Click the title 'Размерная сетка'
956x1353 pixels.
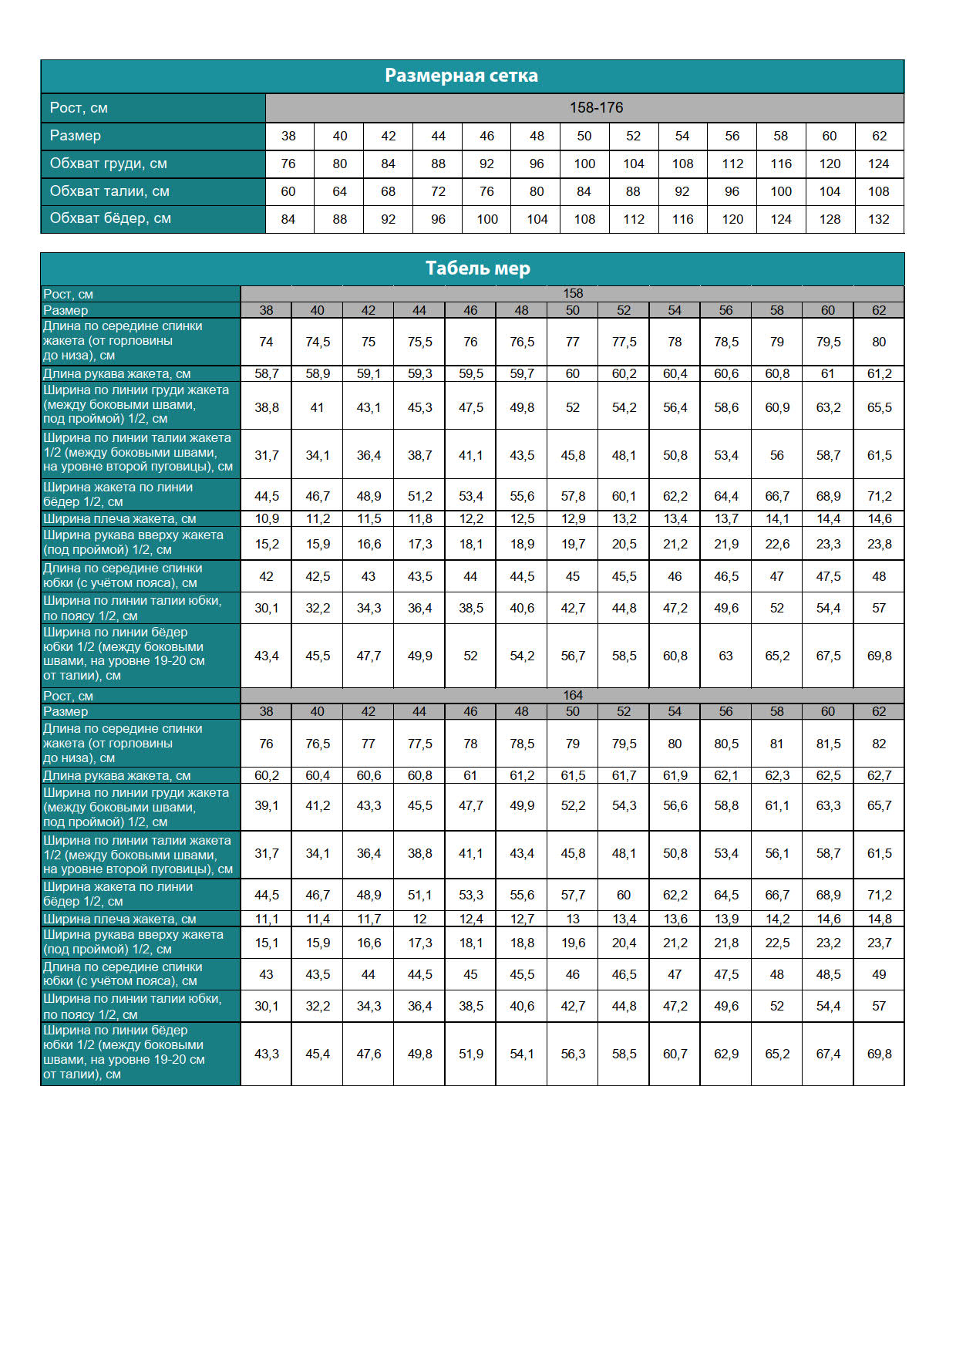[x=461, y=76]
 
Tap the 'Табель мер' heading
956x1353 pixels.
[x=477, y=268]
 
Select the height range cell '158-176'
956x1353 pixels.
[x=596, y=108]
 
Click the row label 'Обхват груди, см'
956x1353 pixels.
[x=109, y=164]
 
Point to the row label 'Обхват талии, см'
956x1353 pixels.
[x=109, y=191]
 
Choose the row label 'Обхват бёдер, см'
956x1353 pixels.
[x=110, y=218]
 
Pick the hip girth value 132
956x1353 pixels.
[x=879, y=219]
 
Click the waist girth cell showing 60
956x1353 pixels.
[x=288, y=191]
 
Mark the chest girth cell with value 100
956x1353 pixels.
[x=584, y=164]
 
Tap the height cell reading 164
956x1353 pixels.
[x=573, y=695]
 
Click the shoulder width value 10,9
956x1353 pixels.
[x=267, y=518]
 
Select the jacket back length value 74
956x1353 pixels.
[x=266, y=342]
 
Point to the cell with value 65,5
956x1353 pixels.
[x=879, y=407]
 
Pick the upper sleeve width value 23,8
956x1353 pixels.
[x=879, y=544]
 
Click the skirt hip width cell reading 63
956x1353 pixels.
[x=725, y=656]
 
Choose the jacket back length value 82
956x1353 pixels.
[x=879, y=744]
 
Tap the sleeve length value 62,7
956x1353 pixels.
[x=879, y=775]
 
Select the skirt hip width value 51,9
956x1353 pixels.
[x=470, y=1054]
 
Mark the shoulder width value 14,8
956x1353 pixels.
[x=879, y=919]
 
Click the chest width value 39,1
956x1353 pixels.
[x=267, y=805]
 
